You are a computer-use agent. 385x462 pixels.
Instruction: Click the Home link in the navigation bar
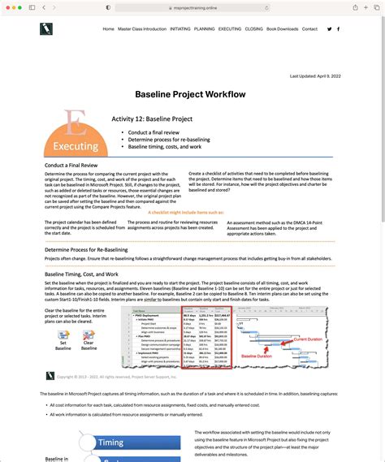point(108,29)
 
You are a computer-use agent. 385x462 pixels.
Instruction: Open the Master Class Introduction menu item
point(141,29)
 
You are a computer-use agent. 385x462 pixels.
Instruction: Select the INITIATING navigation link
point(180,29)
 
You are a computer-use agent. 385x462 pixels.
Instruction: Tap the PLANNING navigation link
point(205,29)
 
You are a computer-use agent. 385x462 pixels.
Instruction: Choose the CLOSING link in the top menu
point(253,29)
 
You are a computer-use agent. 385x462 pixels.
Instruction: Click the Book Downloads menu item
point(283,29)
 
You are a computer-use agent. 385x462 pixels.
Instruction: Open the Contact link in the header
point(309,29)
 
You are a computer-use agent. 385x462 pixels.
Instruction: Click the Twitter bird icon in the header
point(329,29)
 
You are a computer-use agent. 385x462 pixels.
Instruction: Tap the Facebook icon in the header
point(338,29)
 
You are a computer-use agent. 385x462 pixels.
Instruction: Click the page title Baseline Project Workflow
point(190,95)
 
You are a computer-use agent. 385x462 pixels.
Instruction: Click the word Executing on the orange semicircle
point(76,147)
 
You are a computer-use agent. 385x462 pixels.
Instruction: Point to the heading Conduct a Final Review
point(77,165)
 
